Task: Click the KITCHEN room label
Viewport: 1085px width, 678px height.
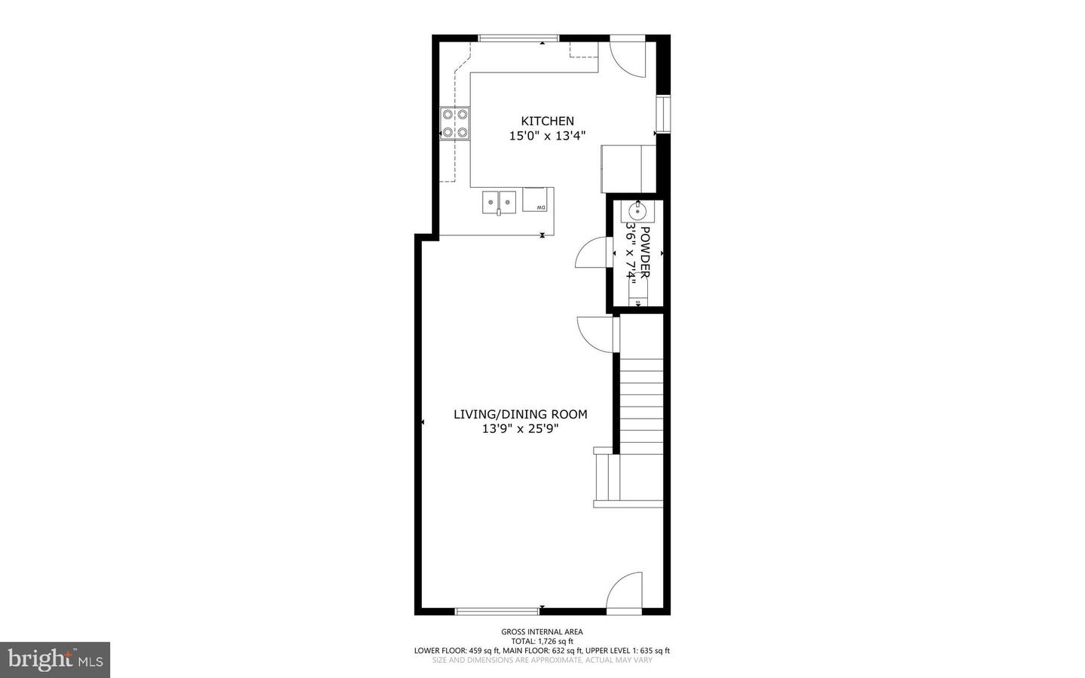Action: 548,121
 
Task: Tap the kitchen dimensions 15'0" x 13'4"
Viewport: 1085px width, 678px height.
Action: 548,136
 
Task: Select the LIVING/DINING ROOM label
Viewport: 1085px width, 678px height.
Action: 521,414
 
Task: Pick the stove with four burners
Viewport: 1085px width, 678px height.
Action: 455,124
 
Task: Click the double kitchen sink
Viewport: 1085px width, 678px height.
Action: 500,202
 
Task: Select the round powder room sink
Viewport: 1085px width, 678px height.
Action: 637,209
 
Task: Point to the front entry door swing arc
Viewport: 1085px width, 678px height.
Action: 625,591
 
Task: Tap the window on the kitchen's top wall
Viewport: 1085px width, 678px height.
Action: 518,38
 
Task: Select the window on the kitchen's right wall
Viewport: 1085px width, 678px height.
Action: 663,115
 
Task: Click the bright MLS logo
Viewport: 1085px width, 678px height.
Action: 55,660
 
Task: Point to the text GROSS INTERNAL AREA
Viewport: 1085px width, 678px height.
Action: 542,632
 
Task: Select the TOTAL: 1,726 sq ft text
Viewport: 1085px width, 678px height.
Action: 542,641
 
